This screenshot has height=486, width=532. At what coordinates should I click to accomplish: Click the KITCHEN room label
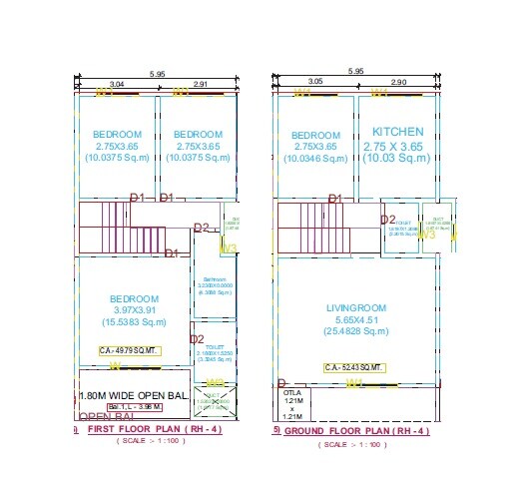pyautogui.click(x=397, y=132)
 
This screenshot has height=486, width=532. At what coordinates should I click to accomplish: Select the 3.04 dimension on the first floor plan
pyautogui.click(x=116, y=85)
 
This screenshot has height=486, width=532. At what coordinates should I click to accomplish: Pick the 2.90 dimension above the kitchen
pyautogui.click(x=399, y=81)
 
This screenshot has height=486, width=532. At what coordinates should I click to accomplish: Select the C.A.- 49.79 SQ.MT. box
pyautogui.click(x=129, y=350)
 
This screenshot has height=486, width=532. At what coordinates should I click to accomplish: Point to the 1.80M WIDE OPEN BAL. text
pyautogui.click(x=133, y=396)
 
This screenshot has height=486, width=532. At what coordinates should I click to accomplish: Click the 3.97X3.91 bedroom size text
pyautogui.click(x=133, y=311)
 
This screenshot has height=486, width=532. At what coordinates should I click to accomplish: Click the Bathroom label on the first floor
pyautogui.click(x=216, y=278)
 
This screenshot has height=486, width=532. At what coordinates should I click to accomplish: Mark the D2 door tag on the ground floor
pyautogui.click(x=388, y=221)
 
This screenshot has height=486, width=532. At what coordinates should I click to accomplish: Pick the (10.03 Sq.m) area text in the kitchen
pyautogui.click(x=397, y=157)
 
